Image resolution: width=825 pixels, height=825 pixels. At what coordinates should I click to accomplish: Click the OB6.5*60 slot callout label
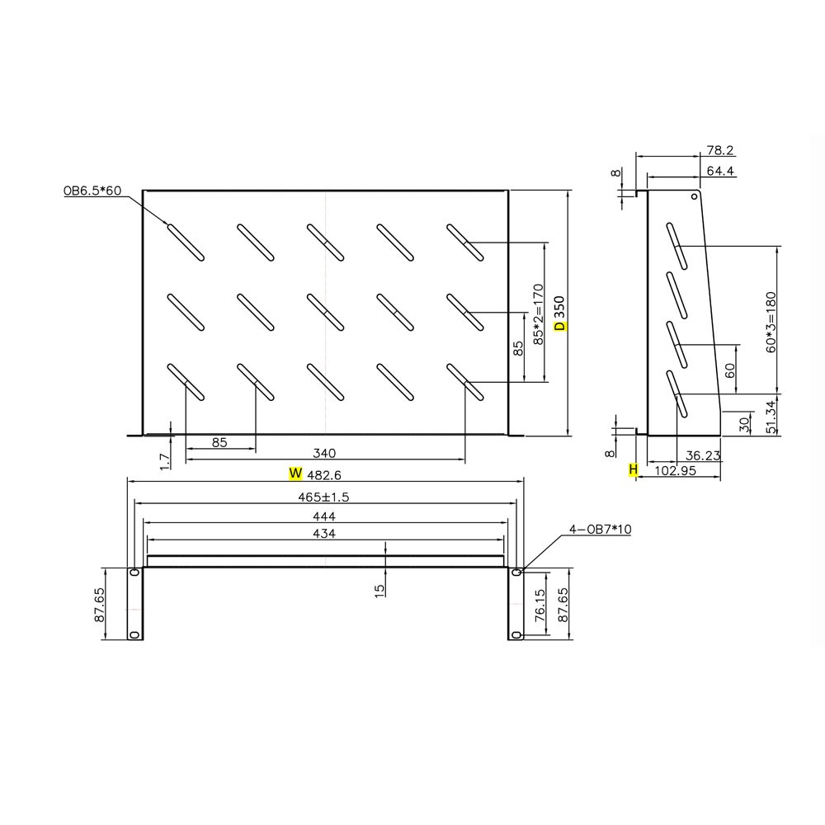click(x=92, y=191)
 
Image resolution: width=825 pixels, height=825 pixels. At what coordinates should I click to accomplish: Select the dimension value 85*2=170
click(x=538, y=313)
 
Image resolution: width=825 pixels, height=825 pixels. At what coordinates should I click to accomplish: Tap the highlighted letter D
click(x=559, y=326)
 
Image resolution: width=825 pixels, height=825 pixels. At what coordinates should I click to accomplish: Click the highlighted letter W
click(x=295, y=474)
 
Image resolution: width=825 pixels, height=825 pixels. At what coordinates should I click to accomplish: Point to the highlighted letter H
click(x=633, y=469)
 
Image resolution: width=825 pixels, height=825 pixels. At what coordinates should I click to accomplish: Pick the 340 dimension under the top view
click(x=325, y=453)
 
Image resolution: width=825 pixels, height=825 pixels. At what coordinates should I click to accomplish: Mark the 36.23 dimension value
click(x=703, y=454)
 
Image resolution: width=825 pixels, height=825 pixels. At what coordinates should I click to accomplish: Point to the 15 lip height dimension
click(x=379, y=591)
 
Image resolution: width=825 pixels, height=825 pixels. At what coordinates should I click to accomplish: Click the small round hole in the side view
click(x=694, y=197)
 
